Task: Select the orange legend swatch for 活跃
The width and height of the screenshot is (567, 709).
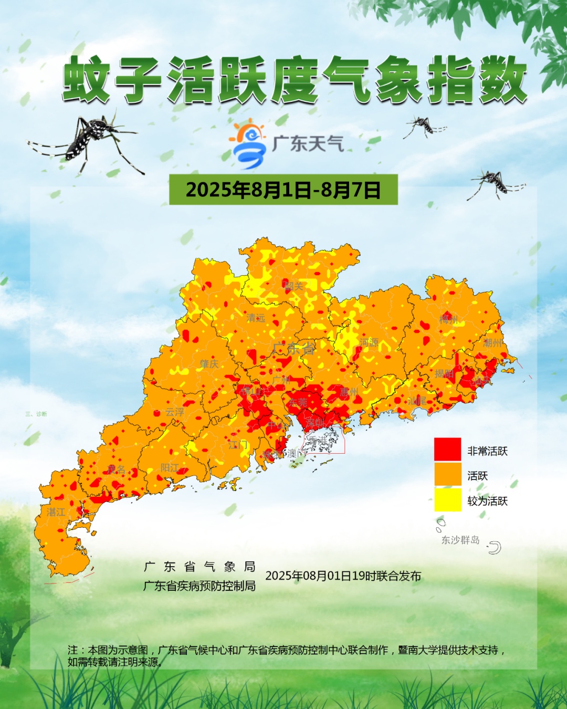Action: [x=447, y=474]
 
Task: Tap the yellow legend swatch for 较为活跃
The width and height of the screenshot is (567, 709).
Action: [x=447, y=499]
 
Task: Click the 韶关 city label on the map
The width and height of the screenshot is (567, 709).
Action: [x=294, y=286]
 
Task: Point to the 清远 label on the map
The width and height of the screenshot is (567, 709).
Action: [x=256, y=318]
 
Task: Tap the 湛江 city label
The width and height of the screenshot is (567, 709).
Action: [x=56, y=512]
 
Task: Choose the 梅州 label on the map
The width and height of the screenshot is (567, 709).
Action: [x=448, y=320]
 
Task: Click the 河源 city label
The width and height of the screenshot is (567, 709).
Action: [x=369, y=342]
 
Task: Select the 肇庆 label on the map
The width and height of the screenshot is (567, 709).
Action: [x=209, y=364]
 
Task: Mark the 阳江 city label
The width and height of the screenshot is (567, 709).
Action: [x=170, y=467]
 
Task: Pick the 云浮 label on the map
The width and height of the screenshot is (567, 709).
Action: [x=175, y=412]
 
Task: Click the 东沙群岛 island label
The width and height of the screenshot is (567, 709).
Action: [x=460, y=540]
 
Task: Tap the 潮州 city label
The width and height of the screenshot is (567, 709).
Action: [x=492, y=343]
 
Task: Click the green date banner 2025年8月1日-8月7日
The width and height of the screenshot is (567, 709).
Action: [x=283, y=190]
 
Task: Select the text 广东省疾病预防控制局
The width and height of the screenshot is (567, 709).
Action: [x=199, y=586]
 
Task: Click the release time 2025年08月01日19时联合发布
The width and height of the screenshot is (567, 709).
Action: [x=343, y=576]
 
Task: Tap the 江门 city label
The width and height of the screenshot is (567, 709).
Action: [x=238, y=445]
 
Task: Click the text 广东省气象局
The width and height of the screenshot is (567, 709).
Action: [x=199, y=567]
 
